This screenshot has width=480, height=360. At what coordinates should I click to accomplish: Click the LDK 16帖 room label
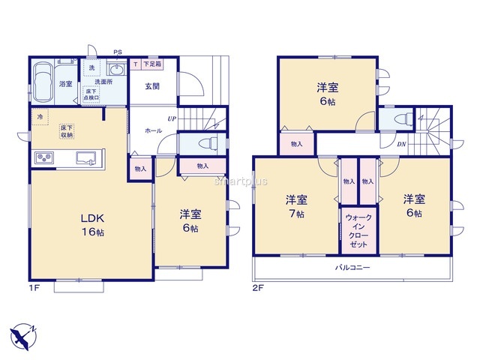click(x=92, y=225)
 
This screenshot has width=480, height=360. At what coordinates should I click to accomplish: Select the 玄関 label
click(x=152, y=86)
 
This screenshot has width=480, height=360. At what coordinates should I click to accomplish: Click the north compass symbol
click(x=23, y=337)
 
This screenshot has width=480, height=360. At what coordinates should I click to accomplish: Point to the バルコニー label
click(x=352, y=268)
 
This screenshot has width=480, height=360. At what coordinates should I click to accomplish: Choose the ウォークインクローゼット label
click(x=358, y=231)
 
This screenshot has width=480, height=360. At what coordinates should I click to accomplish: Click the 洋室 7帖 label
click(x=296, y=206)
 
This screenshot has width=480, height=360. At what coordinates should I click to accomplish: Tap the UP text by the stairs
click(x=172, y=118)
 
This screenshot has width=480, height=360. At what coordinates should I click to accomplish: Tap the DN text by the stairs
click(x=401, y=144)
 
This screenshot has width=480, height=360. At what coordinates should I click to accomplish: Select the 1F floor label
click(x=33, y=288)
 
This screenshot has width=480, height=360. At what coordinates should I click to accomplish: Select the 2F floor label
click(x=258, y=288)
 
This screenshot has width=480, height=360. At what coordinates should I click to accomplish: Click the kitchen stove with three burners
click(x=44, y=158)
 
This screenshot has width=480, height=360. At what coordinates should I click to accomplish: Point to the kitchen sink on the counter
click(x=85, y=158)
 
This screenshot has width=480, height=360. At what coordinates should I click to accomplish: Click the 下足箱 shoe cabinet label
click(x=151, y=64)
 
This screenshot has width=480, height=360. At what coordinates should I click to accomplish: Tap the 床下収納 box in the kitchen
click(x=67, y=131)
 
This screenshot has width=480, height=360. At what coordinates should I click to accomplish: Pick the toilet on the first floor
click(x=208, y=143)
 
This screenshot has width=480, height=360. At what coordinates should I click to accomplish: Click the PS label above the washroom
click(x=118, y=52)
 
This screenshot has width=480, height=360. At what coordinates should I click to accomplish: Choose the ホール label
click(x=153, y=130)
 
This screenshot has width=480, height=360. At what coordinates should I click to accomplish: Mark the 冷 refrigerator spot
click(x=40, y=117)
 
